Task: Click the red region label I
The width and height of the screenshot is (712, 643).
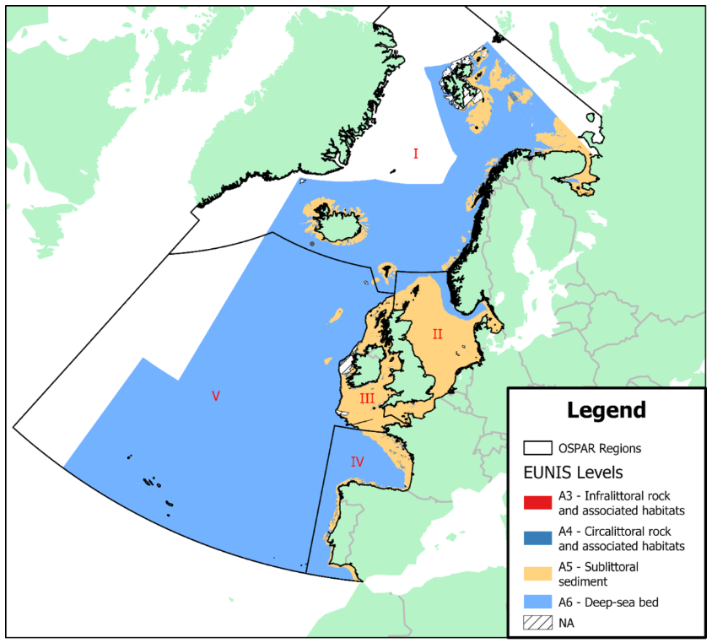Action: point(416,154)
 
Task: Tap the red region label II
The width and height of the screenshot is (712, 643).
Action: point(437,333)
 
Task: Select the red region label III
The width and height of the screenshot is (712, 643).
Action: point(367,397)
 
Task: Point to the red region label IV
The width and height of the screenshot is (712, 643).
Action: point(357,462)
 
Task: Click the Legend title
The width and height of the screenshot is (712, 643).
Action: point(607,411)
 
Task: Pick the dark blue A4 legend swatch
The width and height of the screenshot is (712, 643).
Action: point(537,538)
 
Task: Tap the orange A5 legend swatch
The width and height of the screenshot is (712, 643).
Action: point(537,573)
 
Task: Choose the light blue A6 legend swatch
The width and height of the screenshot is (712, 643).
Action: point(537,602)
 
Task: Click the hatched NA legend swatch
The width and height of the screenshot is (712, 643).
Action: point(537,624)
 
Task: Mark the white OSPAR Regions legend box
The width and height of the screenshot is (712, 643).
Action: point(537,448)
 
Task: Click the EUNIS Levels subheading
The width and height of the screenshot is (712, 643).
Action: point(573,471)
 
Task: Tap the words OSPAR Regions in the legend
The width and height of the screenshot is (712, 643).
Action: point(600,448)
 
